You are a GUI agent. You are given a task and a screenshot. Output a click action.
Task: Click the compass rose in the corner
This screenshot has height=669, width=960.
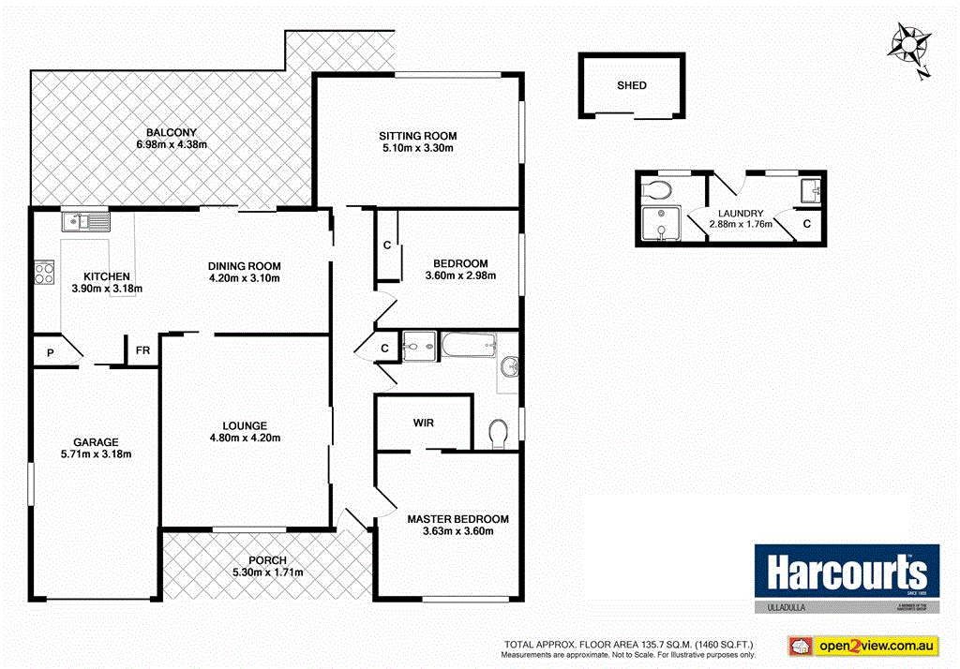[x=908, y=44]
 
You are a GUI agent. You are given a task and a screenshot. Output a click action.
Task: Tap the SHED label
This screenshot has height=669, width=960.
[x=631, y=85]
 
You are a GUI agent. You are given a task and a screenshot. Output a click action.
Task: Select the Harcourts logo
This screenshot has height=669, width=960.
[x=847, y=572]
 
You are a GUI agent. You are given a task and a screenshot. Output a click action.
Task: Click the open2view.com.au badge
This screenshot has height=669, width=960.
[x=862, y=646]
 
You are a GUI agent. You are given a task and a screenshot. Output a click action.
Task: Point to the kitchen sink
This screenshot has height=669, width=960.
[x=85, y=221]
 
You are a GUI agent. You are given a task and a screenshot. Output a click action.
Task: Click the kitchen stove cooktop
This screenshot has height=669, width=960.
[x=44, y=272]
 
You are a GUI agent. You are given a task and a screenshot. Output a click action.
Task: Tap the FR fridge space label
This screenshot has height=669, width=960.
[x=142, y=350]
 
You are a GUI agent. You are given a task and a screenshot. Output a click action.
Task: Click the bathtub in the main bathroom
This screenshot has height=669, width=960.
[x=467, y=347]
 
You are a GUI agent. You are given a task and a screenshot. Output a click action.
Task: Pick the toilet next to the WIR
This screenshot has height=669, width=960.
[x=499, y=431]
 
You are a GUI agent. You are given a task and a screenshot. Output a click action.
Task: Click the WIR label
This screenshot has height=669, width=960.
[x=423, y=423]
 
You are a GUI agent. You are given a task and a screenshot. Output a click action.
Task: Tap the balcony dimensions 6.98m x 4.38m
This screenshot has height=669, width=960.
[x=172, y=144]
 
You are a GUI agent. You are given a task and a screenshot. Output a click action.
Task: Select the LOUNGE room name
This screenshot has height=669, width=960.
[x=245, y=424]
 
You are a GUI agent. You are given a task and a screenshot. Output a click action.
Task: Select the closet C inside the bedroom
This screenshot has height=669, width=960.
[x=386, y=246]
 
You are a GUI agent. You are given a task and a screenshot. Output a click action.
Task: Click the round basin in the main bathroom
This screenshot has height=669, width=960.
[x=510, y=366]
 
